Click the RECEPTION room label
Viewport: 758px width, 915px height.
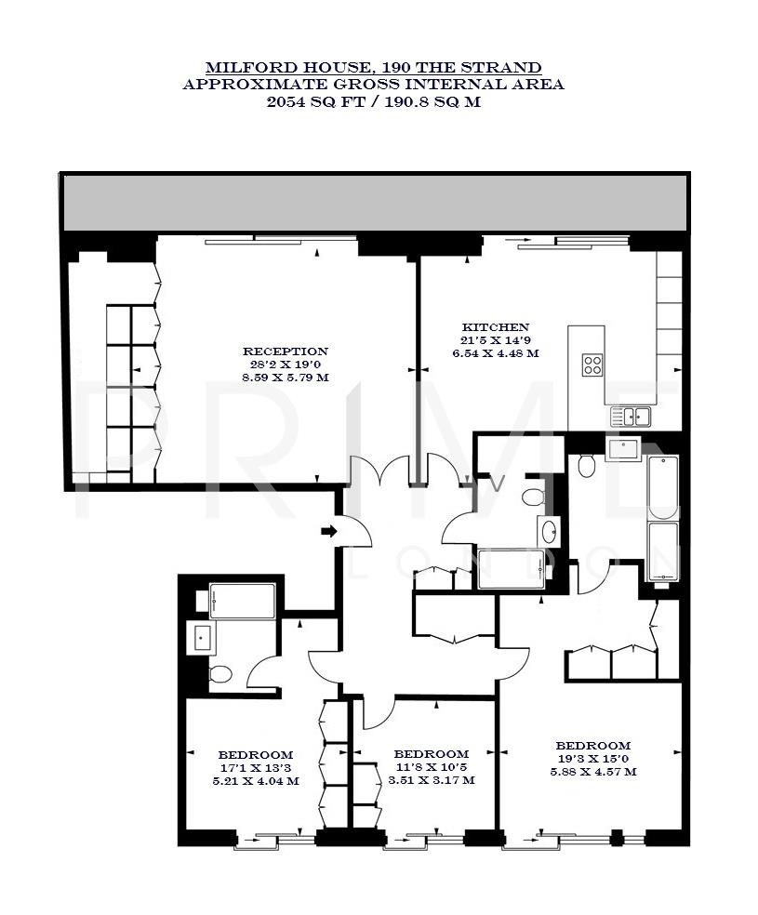(x=285, y=351)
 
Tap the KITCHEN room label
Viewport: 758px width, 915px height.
(x=496, y=327)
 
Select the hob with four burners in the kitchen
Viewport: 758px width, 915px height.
(x=593, y=365)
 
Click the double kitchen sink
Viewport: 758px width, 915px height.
(x=631, y=416)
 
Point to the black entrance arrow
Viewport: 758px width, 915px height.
(x=328, y=532)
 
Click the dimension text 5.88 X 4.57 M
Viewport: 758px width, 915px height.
(x=592, y=772)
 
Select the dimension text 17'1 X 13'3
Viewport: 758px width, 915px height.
(x=256, y=768)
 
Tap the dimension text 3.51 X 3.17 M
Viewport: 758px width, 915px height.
(x=431, y=780)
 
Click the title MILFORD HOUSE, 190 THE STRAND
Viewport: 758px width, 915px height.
(x=373, y=68)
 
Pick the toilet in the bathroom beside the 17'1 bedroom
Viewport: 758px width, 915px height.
(x=221, y=673)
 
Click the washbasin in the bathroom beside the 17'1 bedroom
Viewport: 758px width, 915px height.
(x=203, y=638)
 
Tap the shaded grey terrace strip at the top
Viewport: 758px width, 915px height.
(x=375, y=202)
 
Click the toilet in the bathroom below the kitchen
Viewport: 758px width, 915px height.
(x=586, y=465)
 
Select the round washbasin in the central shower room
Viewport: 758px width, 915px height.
(x=549, y=533)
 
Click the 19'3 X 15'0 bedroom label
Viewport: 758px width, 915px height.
(x=592, y=746)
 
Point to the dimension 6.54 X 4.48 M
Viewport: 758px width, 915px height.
(x=496, y=353)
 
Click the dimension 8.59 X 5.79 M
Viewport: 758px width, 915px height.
(x=285, y=378)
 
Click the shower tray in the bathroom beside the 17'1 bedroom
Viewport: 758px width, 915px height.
(x=242, y=601)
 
